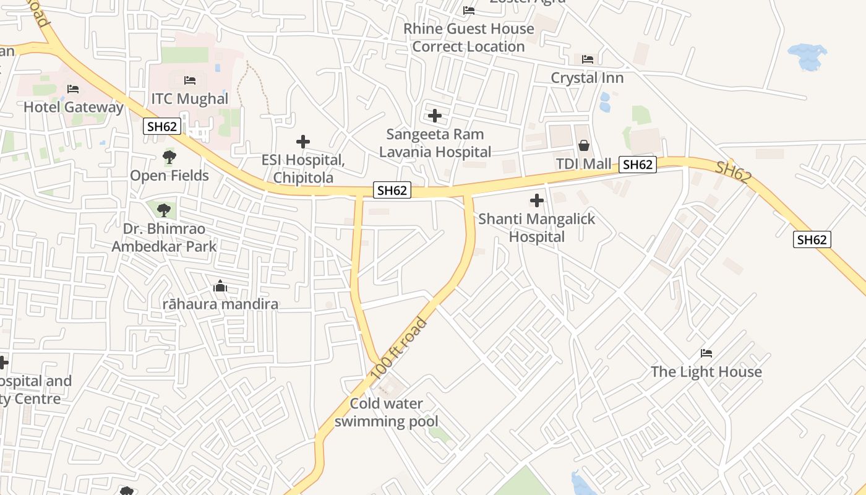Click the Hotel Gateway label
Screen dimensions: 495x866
(x=74, y=107)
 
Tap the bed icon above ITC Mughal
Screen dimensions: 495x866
(x=190, y=80)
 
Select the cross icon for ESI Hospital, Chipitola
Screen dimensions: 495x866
(x=303, y=142)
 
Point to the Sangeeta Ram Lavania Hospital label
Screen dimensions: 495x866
(x=435, y=143)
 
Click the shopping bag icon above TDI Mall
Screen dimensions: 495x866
(x=583, y=145)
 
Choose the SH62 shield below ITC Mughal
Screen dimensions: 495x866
(x=162, y=127)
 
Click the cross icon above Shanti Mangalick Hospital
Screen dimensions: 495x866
(x=537, y=200)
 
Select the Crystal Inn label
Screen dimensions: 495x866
(x=587, y=78)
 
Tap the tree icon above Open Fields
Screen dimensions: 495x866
(x=169, y=157)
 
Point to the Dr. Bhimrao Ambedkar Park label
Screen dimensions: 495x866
(x=164, y=238)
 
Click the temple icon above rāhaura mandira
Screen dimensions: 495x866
(x=220, y=286)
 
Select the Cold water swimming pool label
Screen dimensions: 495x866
(x=387, y=413)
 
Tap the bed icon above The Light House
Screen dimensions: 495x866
(x=706, y=353)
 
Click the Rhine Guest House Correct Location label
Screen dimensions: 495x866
(x=468, y=37)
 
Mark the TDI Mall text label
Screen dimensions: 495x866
(x=583, y=165)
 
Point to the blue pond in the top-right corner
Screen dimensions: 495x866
(x=808, y=57)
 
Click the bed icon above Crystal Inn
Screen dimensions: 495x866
(x=588, y=59)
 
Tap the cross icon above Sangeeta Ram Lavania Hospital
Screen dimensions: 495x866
(x=435, y=116)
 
